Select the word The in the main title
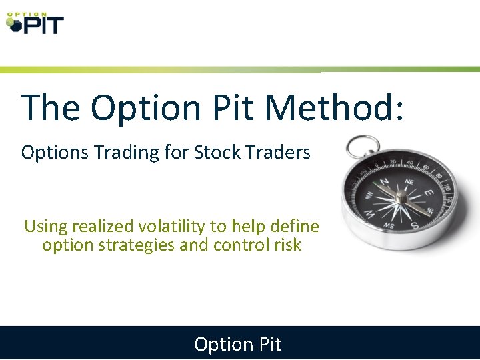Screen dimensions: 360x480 [51, 107]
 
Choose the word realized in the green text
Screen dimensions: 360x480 [97, 226]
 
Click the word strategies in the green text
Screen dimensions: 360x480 [138, 245]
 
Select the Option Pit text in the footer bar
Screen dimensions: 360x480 [238, 344]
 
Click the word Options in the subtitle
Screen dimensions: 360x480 [54, 153]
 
